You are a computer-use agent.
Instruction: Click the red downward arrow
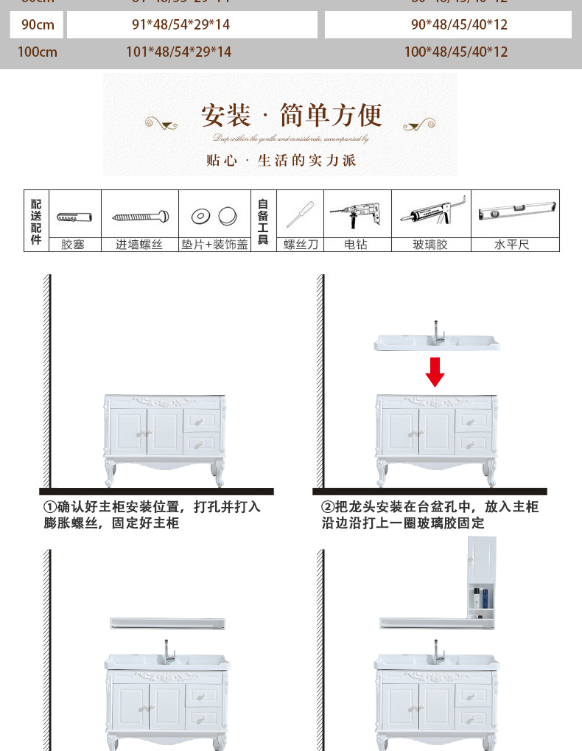pos(435,371)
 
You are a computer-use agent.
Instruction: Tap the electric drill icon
pos(356,214)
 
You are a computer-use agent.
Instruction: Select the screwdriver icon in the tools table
pos(301,214)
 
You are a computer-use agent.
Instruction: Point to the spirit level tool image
pos(515,213)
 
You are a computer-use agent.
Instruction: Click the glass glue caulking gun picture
pos(433,214)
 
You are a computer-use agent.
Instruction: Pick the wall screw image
pos(139,217)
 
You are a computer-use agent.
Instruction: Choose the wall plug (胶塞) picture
pos(74,217)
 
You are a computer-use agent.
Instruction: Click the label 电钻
pos(356,245)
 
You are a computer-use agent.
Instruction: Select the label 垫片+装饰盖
pos(215,245)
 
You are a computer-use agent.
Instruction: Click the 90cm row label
pos(38,25)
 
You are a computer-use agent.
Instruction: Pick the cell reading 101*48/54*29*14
pos(179,52)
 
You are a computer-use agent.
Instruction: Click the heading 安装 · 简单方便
pos(292,116)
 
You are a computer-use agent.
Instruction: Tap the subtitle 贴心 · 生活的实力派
pos(281,160)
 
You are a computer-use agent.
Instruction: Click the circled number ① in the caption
pos(49,508)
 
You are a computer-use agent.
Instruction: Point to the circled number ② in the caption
pos(328,508)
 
